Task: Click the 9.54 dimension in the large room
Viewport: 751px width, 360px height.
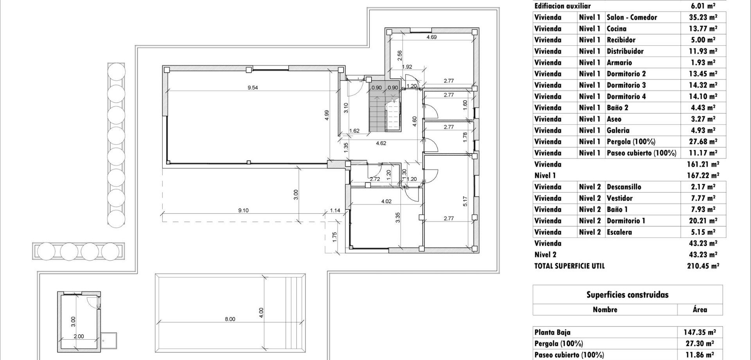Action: point(253,88)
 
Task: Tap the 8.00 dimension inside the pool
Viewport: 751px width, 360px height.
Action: point(230,319)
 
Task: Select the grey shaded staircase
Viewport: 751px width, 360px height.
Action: point(377,112)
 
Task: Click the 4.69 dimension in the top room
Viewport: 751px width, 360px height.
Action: point(431,37)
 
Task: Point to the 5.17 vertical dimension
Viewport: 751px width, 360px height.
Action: point(465,201)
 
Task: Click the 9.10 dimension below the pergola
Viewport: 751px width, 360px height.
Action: point(243,210)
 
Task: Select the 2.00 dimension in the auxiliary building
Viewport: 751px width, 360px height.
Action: point(79,336)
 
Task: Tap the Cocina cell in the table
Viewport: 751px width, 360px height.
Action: point(616,29)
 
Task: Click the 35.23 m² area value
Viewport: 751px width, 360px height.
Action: point(703,17)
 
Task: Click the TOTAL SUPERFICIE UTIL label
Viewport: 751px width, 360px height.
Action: point(569,266)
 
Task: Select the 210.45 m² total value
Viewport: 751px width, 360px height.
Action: point(703,266)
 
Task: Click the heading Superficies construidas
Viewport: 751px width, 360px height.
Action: point(627,295)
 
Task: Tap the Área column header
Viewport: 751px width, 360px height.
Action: point(700,310)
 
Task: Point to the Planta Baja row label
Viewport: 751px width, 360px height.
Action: point(552,332)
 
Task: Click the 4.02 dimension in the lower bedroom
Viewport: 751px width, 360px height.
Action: point(386,201)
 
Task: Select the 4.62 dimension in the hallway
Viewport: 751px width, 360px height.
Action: point(381,143)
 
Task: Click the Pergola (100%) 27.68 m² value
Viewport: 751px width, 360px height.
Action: point(703,142)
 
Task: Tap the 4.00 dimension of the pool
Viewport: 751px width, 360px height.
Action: point(261,312)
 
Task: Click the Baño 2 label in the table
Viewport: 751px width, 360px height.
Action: point(617,108)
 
